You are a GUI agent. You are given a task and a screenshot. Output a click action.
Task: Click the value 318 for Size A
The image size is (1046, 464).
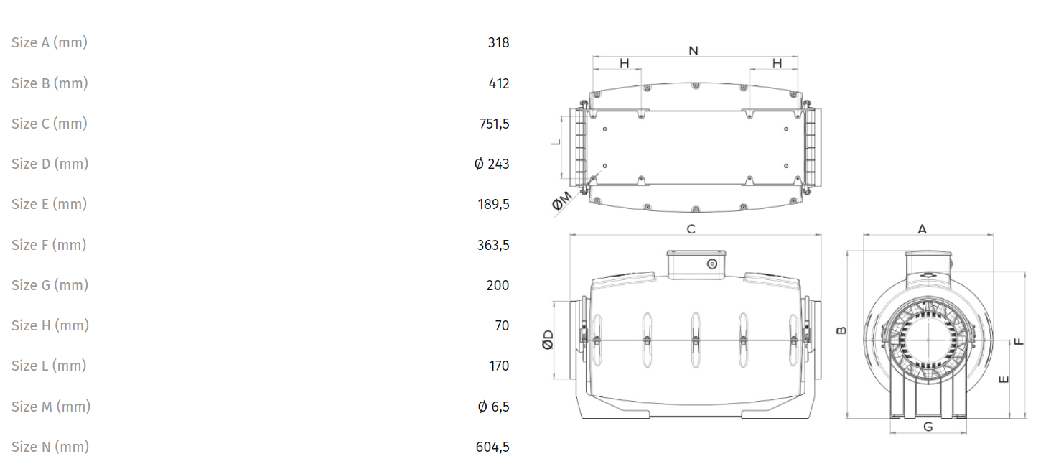point(498,42)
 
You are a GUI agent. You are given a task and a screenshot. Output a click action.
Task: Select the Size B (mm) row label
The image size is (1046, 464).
point(50,83)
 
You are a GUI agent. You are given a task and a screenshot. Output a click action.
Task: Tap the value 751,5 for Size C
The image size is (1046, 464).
point(494,124)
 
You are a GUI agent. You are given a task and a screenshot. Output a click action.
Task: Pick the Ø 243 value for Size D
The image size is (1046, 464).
point(491,164)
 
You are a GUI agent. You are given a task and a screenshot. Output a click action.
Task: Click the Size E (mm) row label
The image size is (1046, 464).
point(49,204)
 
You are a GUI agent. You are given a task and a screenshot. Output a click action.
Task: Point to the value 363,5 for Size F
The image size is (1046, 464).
point(492,245)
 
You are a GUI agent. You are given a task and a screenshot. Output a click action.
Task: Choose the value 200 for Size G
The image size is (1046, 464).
point(498,285)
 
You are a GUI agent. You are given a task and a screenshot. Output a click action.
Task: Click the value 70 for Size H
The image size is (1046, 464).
point(502,325)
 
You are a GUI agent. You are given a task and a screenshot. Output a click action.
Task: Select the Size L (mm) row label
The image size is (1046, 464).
point(49,366)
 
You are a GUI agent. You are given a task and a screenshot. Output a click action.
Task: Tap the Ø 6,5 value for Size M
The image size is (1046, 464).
point(493,407)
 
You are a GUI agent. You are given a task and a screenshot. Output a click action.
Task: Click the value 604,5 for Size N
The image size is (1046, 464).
point(492,447)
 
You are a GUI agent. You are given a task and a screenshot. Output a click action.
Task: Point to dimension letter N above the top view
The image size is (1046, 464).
point(694,50)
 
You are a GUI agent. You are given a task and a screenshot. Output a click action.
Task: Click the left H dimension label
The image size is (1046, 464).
point(625,63)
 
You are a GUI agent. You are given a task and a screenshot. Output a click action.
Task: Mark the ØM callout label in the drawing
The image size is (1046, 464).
point(561,201)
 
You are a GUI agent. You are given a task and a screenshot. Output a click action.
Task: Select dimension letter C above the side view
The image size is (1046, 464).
point(691,229)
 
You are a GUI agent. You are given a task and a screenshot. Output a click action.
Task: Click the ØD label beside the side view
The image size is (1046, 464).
point(548,340)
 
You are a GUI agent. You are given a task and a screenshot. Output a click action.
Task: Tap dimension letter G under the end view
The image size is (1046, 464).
point(928,427)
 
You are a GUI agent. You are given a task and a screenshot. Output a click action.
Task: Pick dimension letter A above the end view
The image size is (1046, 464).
point(922,229)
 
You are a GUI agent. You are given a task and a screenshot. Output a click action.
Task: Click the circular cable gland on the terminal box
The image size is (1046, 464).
point(711,264)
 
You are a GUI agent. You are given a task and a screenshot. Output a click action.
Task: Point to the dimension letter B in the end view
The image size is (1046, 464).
point(841,330)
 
